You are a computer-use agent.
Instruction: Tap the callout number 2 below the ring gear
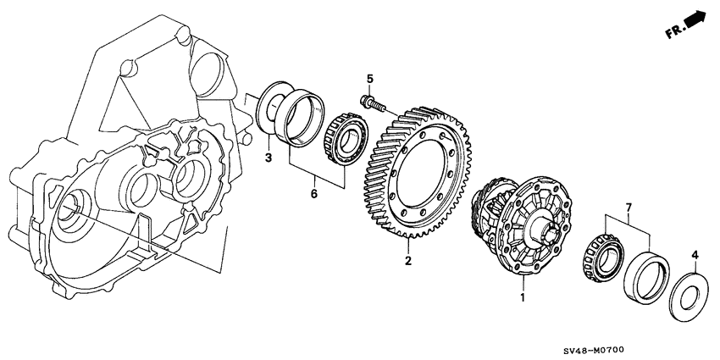[x=408, y=261]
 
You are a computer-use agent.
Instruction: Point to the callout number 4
[x=695, y=253]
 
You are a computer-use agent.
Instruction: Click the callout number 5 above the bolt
[x=369, y=80]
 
